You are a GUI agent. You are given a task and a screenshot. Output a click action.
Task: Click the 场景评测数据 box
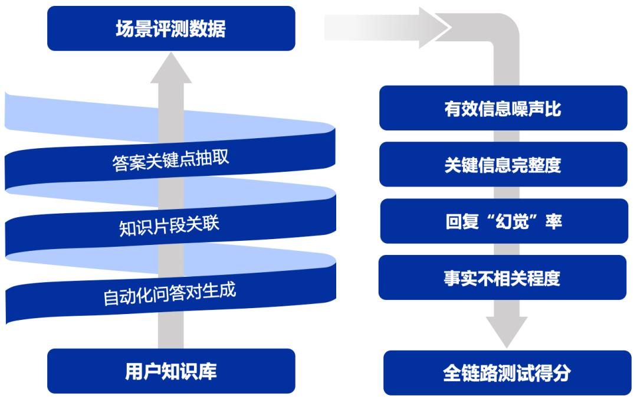[171, 28]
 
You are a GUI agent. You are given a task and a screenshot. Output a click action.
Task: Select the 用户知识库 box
[171, 371]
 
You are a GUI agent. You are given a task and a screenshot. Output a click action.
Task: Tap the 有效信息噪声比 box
[503, 108]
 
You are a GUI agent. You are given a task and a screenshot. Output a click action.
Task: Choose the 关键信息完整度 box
[503, 165]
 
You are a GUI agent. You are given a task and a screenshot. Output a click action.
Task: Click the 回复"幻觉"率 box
[503, 221]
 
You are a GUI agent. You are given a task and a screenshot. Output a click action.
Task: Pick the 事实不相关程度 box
[502, 277]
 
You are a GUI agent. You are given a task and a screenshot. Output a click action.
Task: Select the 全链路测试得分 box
[507, 373]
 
